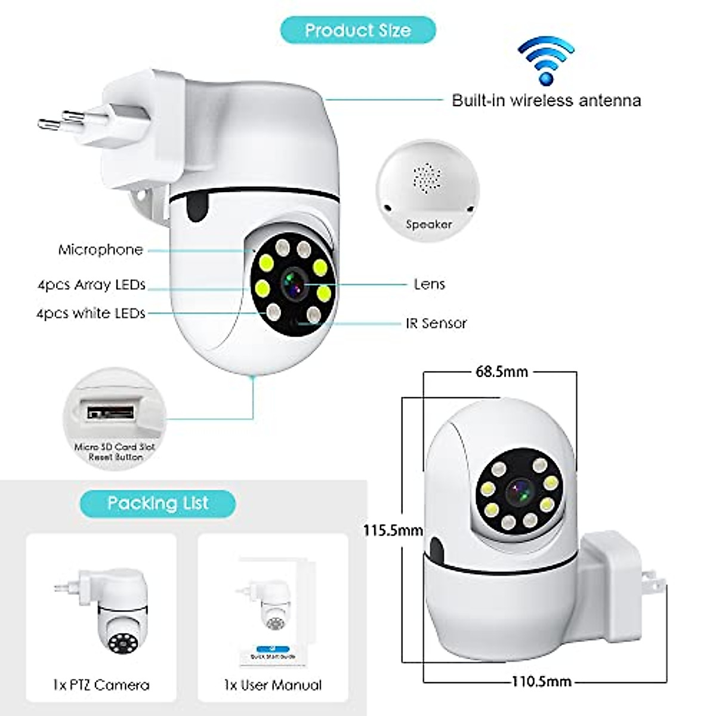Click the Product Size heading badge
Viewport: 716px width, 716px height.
pos(358,30)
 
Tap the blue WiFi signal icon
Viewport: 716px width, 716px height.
pos(545,60)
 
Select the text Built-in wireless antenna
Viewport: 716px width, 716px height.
pos(546,100)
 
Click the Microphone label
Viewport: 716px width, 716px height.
pos(100,249)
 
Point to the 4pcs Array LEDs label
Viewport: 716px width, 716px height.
pos(91,285)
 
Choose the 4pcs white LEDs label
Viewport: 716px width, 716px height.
pos(91,313)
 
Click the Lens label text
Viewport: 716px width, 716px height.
pos(429,284)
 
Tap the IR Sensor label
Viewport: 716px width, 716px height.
pos(436,323)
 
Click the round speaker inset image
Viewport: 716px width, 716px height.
pos(428,186)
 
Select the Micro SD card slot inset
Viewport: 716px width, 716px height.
pos(115,418)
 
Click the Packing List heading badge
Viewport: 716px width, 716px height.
pos(158,503)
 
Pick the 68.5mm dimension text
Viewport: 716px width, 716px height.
pos(501,372)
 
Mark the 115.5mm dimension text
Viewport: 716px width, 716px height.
pos(393,530)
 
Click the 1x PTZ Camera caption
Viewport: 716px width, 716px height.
pos(101,685)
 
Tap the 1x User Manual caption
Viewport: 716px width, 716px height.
pos(273,685)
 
